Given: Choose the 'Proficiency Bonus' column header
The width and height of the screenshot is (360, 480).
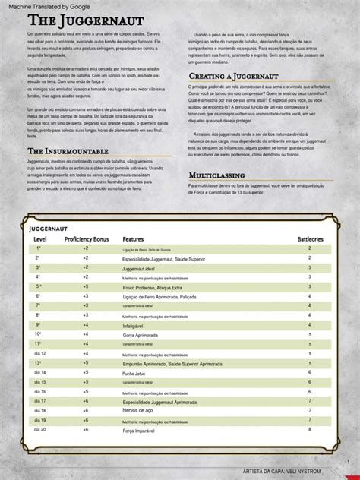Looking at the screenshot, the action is pos(87,239).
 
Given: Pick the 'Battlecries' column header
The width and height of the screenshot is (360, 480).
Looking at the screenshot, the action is pos(310,239).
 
